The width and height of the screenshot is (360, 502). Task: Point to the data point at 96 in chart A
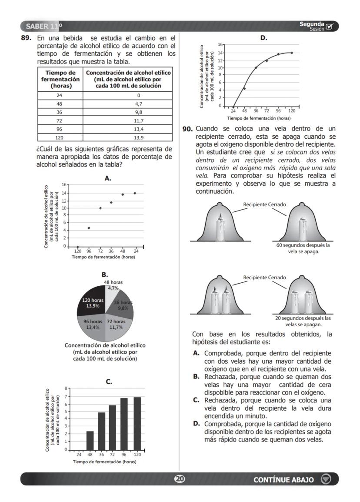pyautogui.click(x=89, y=228)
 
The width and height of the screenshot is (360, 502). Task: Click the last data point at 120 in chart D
pyautogui.click(x=292, y=53)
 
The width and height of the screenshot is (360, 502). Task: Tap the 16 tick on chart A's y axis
pyautogui.click(x=63, y=185)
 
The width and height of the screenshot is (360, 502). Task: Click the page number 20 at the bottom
pyautogui.click(x=180, y=479)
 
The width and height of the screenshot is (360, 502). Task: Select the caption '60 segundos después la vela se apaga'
pyautogui.click(x=303, y=248)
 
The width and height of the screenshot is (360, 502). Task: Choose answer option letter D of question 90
pyautogui.click(x=196, y=423)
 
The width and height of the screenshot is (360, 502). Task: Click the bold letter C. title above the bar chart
pyautogui.click(x=109, y=382)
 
